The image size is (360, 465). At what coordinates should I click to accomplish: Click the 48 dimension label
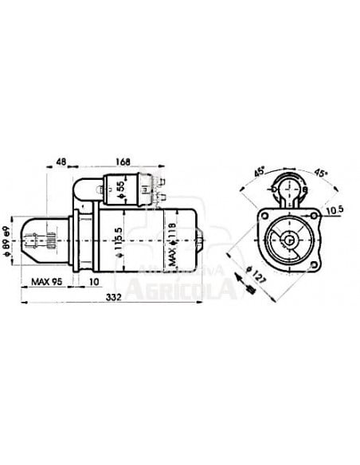[x=61, y=162]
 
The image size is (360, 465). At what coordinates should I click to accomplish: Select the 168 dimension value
[x=123, y=162]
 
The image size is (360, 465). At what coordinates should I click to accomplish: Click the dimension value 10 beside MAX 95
[x=94, y=281]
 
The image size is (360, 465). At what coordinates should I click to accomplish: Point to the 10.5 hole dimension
[x=334, y=210]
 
